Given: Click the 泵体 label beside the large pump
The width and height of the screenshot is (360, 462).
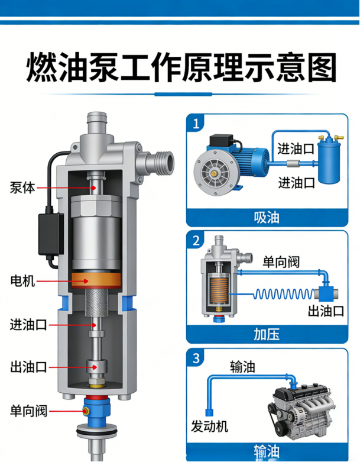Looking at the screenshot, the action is coord(22,188).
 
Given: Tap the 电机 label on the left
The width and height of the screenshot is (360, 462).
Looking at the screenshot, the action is coord(22,281).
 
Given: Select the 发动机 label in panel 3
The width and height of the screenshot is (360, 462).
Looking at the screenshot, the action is coord(209,427).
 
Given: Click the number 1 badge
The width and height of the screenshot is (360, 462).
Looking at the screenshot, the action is coord(196,124).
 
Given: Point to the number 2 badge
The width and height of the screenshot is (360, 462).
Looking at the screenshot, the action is coord(196,240).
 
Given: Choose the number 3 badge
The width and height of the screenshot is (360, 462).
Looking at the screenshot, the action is coord(196,358).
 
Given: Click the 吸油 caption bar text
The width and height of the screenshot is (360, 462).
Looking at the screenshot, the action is coord(267,218).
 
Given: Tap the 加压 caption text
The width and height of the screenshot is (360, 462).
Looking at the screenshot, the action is coord(267,335).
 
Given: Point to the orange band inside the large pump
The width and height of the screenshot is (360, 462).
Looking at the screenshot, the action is coord(96,280).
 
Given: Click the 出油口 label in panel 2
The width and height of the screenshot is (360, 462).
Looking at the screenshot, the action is coord(326,311).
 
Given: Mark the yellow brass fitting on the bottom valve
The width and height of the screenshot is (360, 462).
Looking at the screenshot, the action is coord(86,411).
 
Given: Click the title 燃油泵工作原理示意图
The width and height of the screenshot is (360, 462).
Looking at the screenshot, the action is coord(181,67).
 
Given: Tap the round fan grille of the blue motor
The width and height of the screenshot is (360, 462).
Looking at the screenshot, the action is coord(213,173).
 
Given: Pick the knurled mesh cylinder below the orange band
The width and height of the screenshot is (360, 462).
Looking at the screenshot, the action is coord(96,303).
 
